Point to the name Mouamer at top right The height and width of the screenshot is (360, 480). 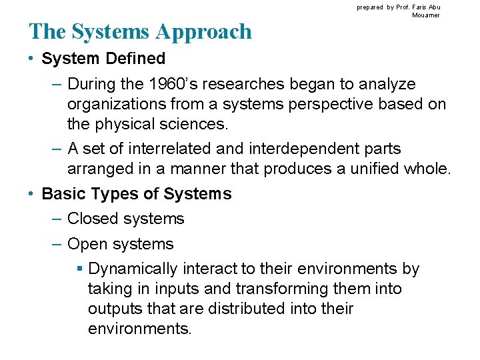(426, 15)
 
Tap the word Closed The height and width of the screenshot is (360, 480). (93, 219)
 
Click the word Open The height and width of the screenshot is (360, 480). (87, 244)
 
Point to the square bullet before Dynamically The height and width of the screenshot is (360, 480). (79, 269)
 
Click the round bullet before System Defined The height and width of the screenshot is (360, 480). (32, 59)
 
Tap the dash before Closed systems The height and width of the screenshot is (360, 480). (57, 219)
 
